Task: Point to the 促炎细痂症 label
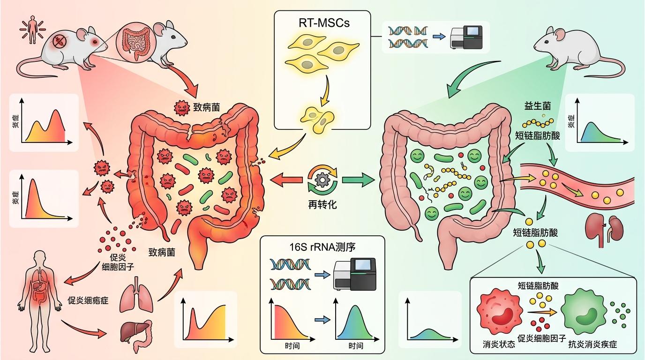click(89, 300)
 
